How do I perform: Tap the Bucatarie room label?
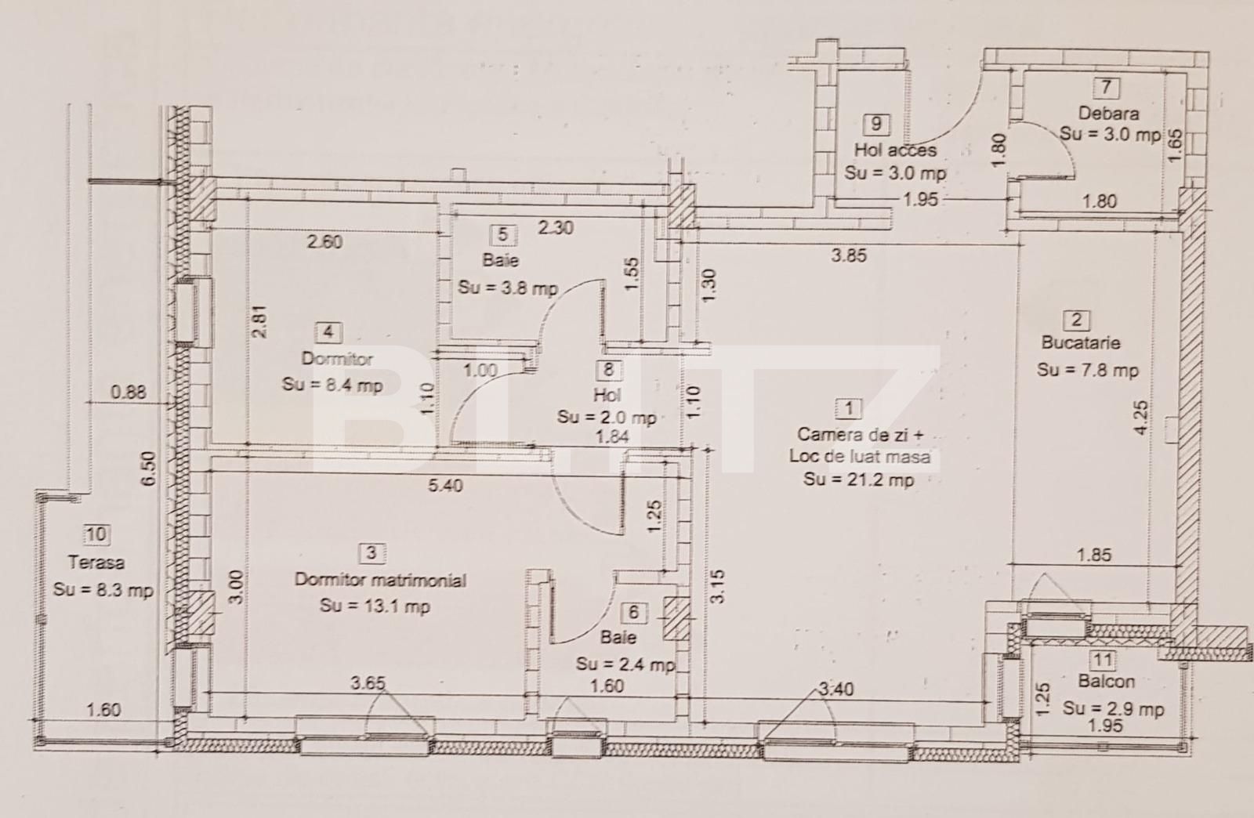click(x=1081, y=342)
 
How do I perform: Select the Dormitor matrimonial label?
click(x=380, y=580)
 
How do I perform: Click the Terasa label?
click(x=96, y=563)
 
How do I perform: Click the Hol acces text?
click(x=895, y=150)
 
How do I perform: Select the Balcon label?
click(x=1106, y=682)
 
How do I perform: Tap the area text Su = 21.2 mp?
click(x=858, y=480)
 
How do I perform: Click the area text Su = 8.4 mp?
click(x=332, y=385)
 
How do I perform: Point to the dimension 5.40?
click(x=445, y=486)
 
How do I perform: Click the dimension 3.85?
click(x=849, y=255)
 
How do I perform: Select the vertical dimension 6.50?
click(x=148, y=470)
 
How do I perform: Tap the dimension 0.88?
click(x=128, y=392)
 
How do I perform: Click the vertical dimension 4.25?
click(x=1141, y=417)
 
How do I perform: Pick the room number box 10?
click(x=96, y=534)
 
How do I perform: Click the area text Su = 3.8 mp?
click(x=507, y=288)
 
